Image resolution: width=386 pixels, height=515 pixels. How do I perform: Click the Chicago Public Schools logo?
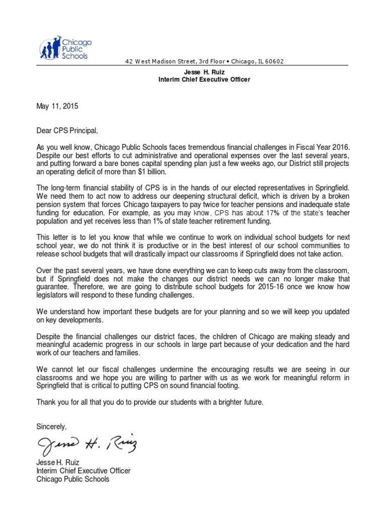63,48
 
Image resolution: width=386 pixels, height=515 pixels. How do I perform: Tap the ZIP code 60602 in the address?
274,62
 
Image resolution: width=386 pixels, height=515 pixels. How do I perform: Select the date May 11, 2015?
57,107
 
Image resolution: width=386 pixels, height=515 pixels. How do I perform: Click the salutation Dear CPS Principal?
66,131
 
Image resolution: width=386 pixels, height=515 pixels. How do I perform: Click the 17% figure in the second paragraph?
274,214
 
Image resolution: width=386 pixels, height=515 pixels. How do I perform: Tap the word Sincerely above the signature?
51,426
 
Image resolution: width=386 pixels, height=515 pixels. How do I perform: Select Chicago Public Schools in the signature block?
72,479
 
